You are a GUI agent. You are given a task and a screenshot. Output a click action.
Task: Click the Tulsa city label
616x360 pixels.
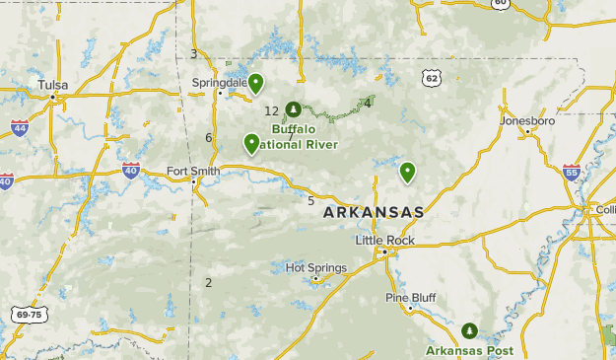click(x=52, y=85)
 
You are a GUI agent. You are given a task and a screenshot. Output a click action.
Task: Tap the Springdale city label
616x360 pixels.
click(x=219, y=83)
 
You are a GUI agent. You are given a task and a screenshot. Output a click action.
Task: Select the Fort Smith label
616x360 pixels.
click(x=193, y=171)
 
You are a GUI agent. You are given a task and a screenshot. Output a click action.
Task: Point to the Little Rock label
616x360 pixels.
click(x=384, y=240)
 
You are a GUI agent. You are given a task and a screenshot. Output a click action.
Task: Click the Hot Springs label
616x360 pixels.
click(x=315, y=267)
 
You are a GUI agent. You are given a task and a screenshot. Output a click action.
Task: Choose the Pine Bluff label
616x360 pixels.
click(x=410, y=297)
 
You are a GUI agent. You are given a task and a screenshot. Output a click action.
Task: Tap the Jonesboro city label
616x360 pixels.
click(x=527, y=120)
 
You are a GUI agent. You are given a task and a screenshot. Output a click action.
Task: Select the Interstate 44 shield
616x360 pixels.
click(x=20, y=127)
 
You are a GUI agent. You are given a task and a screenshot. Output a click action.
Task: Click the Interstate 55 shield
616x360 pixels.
click(x=572, y=172)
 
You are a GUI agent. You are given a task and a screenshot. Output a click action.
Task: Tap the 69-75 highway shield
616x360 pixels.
click(x=30, y=315)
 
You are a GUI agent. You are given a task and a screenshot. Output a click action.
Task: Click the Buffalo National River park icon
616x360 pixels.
click(x=292, y=109)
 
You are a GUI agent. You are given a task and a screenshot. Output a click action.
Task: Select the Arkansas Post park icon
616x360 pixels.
click(x=469, y=330)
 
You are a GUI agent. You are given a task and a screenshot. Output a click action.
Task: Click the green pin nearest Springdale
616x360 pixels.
click(x=255, y=83)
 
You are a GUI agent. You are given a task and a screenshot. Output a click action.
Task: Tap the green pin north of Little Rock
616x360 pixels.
click(x=407, y=173)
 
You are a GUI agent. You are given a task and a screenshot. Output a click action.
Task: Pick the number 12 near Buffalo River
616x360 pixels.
click(x=272, y=111)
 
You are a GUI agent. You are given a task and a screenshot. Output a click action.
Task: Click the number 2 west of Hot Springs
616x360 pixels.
click(x=209, y=283)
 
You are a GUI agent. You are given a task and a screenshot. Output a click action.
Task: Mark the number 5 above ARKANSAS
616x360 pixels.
click(x=310, y=201)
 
